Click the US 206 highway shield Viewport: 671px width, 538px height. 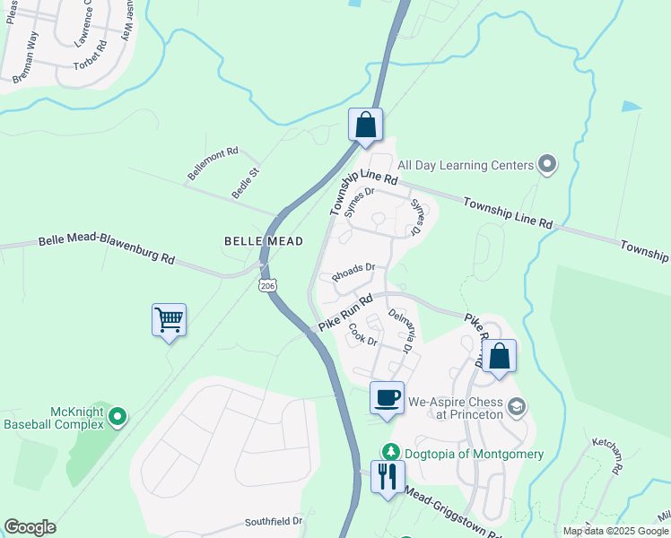(x=266, y=284)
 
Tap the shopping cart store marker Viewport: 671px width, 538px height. (x=170, y=319)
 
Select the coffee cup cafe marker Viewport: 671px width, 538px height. (x=387, y=398)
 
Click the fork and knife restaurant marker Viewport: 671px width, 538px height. (x=388, y=475)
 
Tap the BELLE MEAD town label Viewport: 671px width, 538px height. (x=264, y=241)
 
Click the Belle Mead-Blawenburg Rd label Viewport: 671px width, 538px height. (x=106, y=249)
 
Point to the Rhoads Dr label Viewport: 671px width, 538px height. (x=353, y=273)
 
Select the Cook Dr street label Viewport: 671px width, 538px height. (x=363, y=334)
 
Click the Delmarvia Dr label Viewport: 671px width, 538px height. (x=398, y=330)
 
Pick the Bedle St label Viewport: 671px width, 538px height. (x=245, y=183)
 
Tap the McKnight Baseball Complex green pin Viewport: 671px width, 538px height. (x=118, y=417)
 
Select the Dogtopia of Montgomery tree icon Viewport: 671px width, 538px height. (x=390, y=453)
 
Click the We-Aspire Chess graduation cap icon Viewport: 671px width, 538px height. (x=516, y=408)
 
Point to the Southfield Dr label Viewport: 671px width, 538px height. (x=274, y=521)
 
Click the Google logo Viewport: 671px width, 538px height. (x=30, y=527)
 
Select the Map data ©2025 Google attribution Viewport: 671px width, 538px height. (x=614, y=531)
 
